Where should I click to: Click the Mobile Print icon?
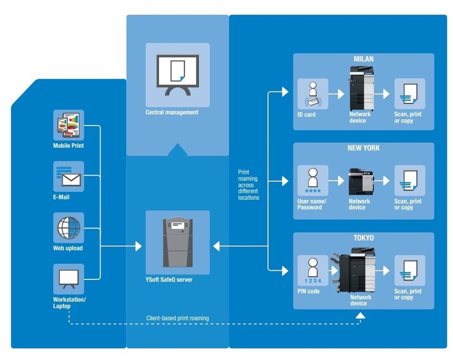coord(68,125)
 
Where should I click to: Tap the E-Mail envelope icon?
coord(68,176)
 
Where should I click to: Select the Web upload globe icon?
coord(68,228)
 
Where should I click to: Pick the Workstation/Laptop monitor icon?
coord(68,279)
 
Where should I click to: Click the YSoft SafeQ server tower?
coord(177,242)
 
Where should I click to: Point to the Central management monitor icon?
coord(177,75)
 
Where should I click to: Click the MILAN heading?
coord(363,59)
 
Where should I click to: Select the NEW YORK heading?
coord(363,148)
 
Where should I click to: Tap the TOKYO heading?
coord(363,238)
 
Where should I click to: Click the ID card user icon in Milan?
coord(312,94)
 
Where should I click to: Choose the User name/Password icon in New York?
coord(312,181)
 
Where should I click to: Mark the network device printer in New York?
coord(361,182)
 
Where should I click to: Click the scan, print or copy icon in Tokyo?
coord(409,270)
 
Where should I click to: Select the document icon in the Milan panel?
coord(409,94)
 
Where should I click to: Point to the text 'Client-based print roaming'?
coord(177,318)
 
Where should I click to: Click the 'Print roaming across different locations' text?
coord(249,185)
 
